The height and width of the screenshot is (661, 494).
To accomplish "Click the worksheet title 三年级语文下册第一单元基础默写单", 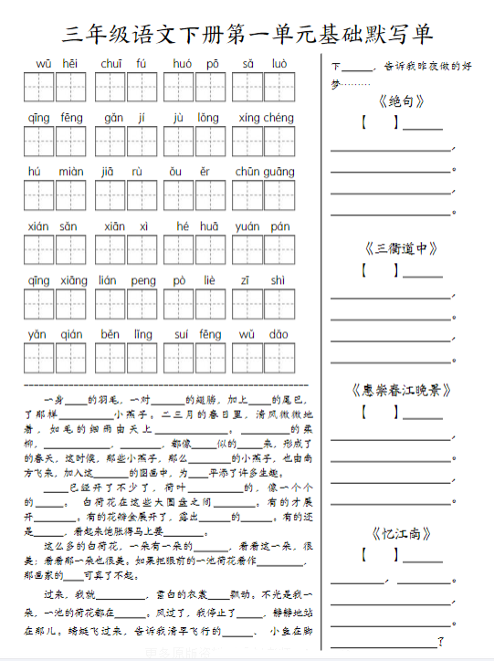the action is (x=247, y=35).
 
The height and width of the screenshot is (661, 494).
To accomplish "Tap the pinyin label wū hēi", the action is (x=57, y=64).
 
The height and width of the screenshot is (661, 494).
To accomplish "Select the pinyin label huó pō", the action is (x=194, y=64).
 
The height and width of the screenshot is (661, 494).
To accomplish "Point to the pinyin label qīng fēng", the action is (x=56, y=118).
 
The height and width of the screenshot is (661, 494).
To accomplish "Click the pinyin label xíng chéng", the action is (x=266, y=118).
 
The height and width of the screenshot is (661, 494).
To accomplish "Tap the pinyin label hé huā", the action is (x=195, y=226).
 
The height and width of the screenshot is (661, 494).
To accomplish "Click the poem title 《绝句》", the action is (x=401, y=101).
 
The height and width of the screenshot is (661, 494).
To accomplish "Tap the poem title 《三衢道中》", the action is (x=401, y=247).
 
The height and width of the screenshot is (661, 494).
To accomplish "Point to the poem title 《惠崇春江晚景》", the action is (x=401, y=390).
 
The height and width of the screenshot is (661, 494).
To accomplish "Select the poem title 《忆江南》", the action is (x=401, y=533).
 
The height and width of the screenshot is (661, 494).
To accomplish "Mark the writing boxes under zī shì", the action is (x=264, y=303).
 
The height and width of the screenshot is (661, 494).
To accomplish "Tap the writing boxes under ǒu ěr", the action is (x=195, y=195).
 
